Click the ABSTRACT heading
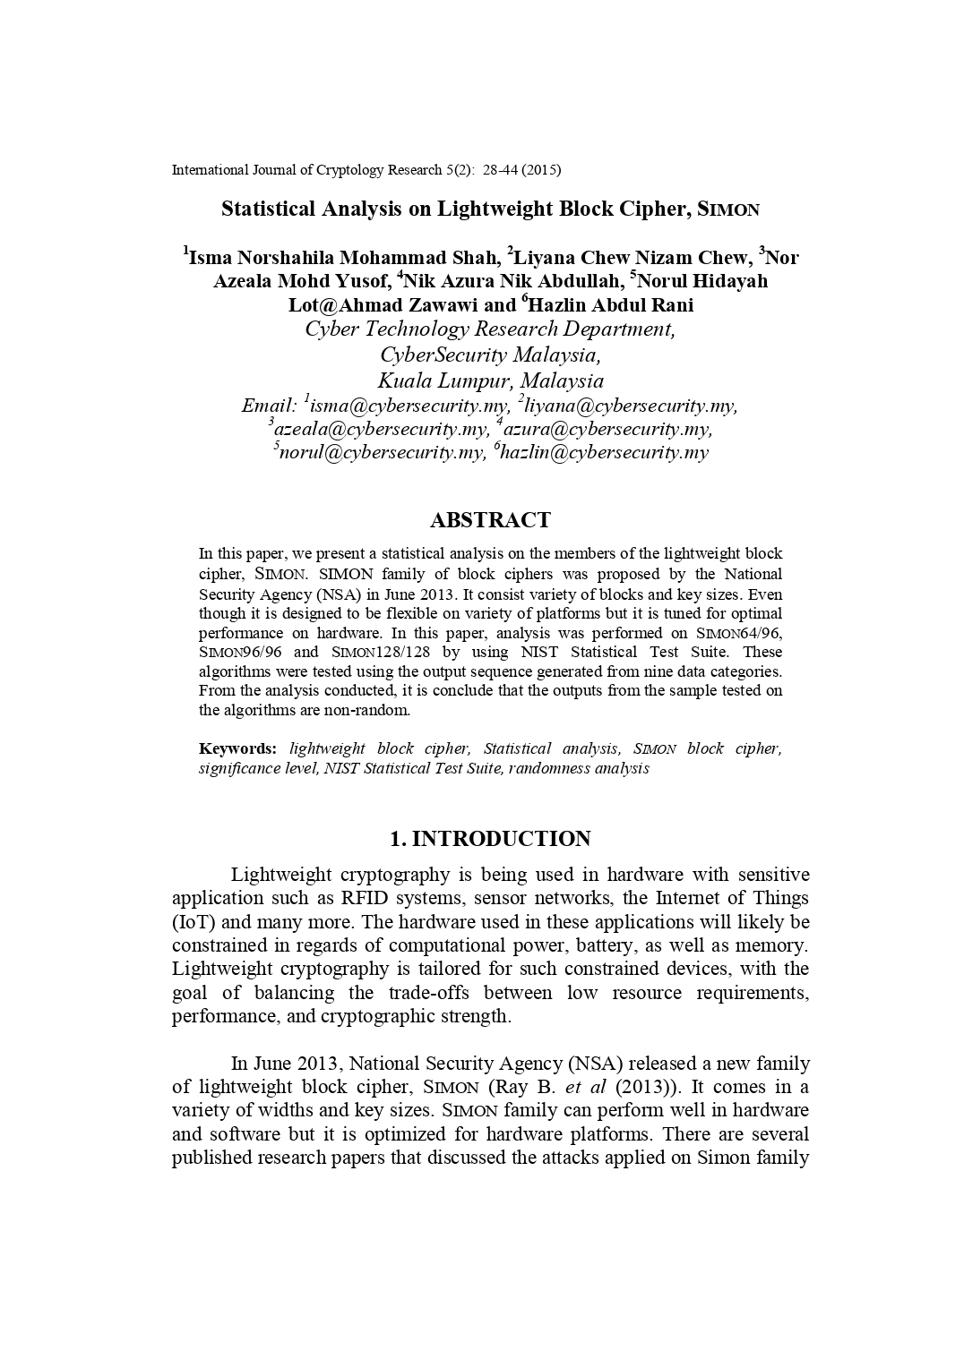pyautogui.click(x=490, y=520)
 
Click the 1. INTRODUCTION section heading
pyautogui.click(x=490, y=839)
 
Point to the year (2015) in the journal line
pyautogui.click(x=540, y=169)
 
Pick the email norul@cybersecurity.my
pyautogui.click(x=382, y=452)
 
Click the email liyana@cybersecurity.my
pyautogui.click(x=631, y=406)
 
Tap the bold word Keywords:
pyautogui.click(x=237, y=748)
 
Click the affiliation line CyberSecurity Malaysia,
pyautogui.click(x=490, y=355)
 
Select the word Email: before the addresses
pyautogui.click(x=269, y=406)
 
